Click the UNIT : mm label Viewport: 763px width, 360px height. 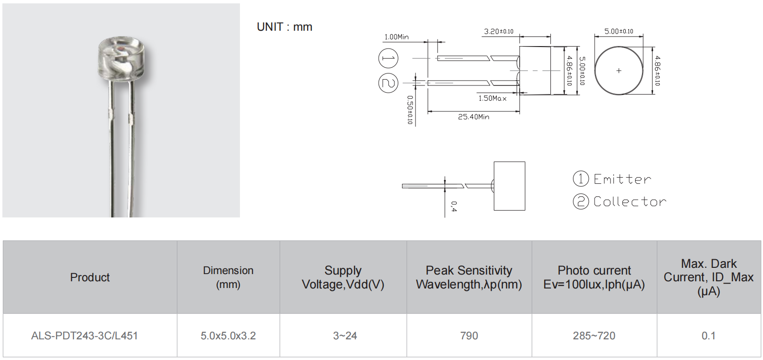click(x=285, y=27)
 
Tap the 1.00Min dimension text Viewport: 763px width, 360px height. click(x=396, y=37)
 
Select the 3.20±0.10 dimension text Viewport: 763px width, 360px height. click(x=498, y=32)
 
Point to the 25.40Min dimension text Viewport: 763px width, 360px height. click(x=473, y=117)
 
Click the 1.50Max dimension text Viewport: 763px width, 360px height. click(x=492, y=98)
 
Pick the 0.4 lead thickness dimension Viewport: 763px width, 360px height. click(x=453, y=206)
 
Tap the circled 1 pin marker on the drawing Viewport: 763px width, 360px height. click(x=388, y=59)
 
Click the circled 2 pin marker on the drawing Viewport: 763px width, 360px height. click(x=388, y=83)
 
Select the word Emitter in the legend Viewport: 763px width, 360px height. click(x=622, y=179)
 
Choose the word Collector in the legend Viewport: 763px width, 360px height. click(x=630, y=202)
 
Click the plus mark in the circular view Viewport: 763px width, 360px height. click(x=619, y=71)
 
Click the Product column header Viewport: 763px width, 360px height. click(x=90, y=277)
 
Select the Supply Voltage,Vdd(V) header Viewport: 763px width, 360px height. click(x=343, y=277)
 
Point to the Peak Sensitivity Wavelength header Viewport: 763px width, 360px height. click(x=469, y=277)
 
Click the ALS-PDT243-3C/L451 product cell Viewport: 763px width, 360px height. click(x=84, y=336)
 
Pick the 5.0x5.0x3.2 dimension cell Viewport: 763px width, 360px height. click(x=228, y=336)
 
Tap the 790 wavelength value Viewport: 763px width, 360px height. click(x=469, y=336)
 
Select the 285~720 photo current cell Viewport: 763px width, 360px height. click(x=594, y=336)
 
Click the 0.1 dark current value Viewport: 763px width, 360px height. click(x=708, y=336)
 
